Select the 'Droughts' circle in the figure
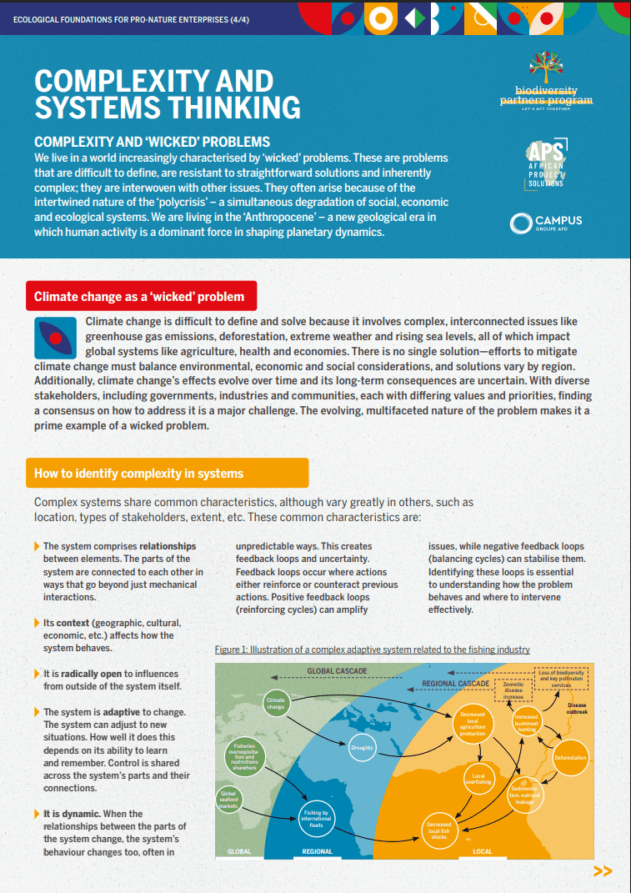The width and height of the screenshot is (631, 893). (x=362, y=747)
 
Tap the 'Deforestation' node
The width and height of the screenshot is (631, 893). (x=571, y=758)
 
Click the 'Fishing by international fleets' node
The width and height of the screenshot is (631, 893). (x=316, y=817)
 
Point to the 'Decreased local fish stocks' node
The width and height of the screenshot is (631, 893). (x=439, y=828)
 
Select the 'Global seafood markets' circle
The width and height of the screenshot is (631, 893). (x=229, y=800)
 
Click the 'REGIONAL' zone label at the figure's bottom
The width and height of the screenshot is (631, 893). (x=317, y=851)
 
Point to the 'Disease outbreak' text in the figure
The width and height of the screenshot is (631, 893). (x=577, y=709)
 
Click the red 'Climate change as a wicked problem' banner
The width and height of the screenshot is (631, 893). (x=140, y=296)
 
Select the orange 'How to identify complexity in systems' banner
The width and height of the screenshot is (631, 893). (x=167, y=473)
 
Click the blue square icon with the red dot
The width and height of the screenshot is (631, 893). (x=55, y=338)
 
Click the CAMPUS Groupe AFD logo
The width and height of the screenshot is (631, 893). (x=547, y=223)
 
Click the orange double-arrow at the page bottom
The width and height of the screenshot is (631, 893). (x=602, y=871)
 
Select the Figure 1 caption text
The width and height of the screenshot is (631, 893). (x=372, y=650)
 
